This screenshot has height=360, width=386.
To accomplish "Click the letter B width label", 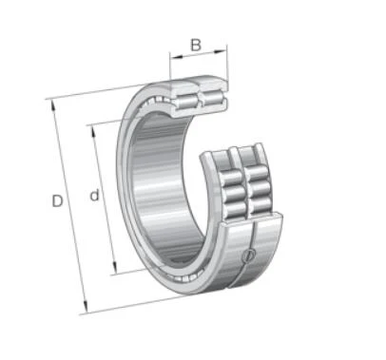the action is click(x=196, y=45).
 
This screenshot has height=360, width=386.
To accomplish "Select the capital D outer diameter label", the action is click(x=57, y=201).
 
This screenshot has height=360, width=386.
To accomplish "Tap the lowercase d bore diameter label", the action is click(x=94, y=195).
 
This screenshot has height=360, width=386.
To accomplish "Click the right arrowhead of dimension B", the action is click(x=221, y=50).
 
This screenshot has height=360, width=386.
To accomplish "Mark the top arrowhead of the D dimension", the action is click(x=53, y=105).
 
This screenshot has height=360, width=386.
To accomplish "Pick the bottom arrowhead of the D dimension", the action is click(x=85, y=306).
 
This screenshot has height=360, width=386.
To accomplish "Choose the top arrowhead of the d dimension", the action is click(x=93, y=132).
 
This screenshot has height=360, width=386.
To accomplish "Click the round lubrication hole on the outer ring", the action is click(x=248, y=256).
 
